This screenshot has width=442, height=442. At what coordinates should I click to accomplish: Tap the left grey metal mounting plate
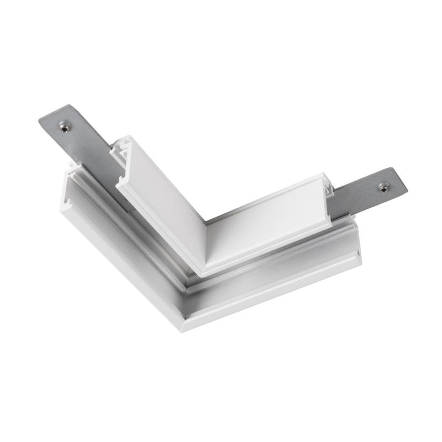(x=83, y=138)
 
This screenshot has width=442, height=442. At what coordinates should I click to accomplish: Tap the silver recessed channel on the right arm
(x=276, y=260)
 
